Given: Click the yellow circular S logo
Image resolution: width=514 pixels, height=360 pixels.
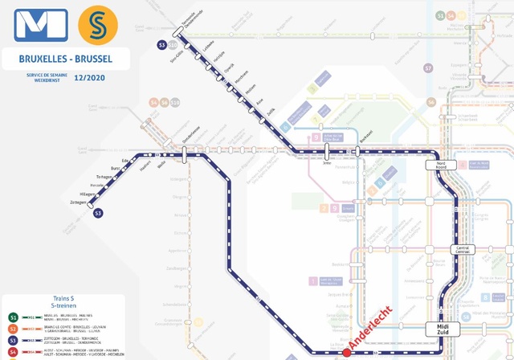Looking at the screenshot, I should (x=97, y=26).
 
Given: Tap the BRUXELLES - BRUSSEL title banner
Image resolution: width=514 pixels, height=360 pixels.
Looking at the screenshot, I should (x=67, y=59).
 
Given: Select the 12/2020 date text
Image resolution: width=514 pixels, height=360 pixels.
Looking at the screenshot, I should (x=88, y=78).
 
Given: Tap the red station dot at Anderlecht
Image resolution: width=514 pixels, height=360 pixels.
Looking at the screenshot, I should (x=347, y=353).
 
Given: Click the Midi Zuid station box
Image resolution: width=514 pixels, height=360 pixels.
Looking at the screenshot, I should (x=443, y=329).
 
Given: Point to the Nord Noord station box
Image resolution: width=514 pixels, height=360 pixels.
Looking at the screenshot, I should (x=440, y=164).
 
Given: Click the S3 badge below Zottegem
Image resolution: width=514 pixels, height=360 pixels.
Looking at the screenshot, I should (x=98, y=213).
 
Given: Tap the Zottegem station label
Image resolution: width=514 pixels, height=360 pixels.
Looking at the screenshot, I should (x=78, y=202).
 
